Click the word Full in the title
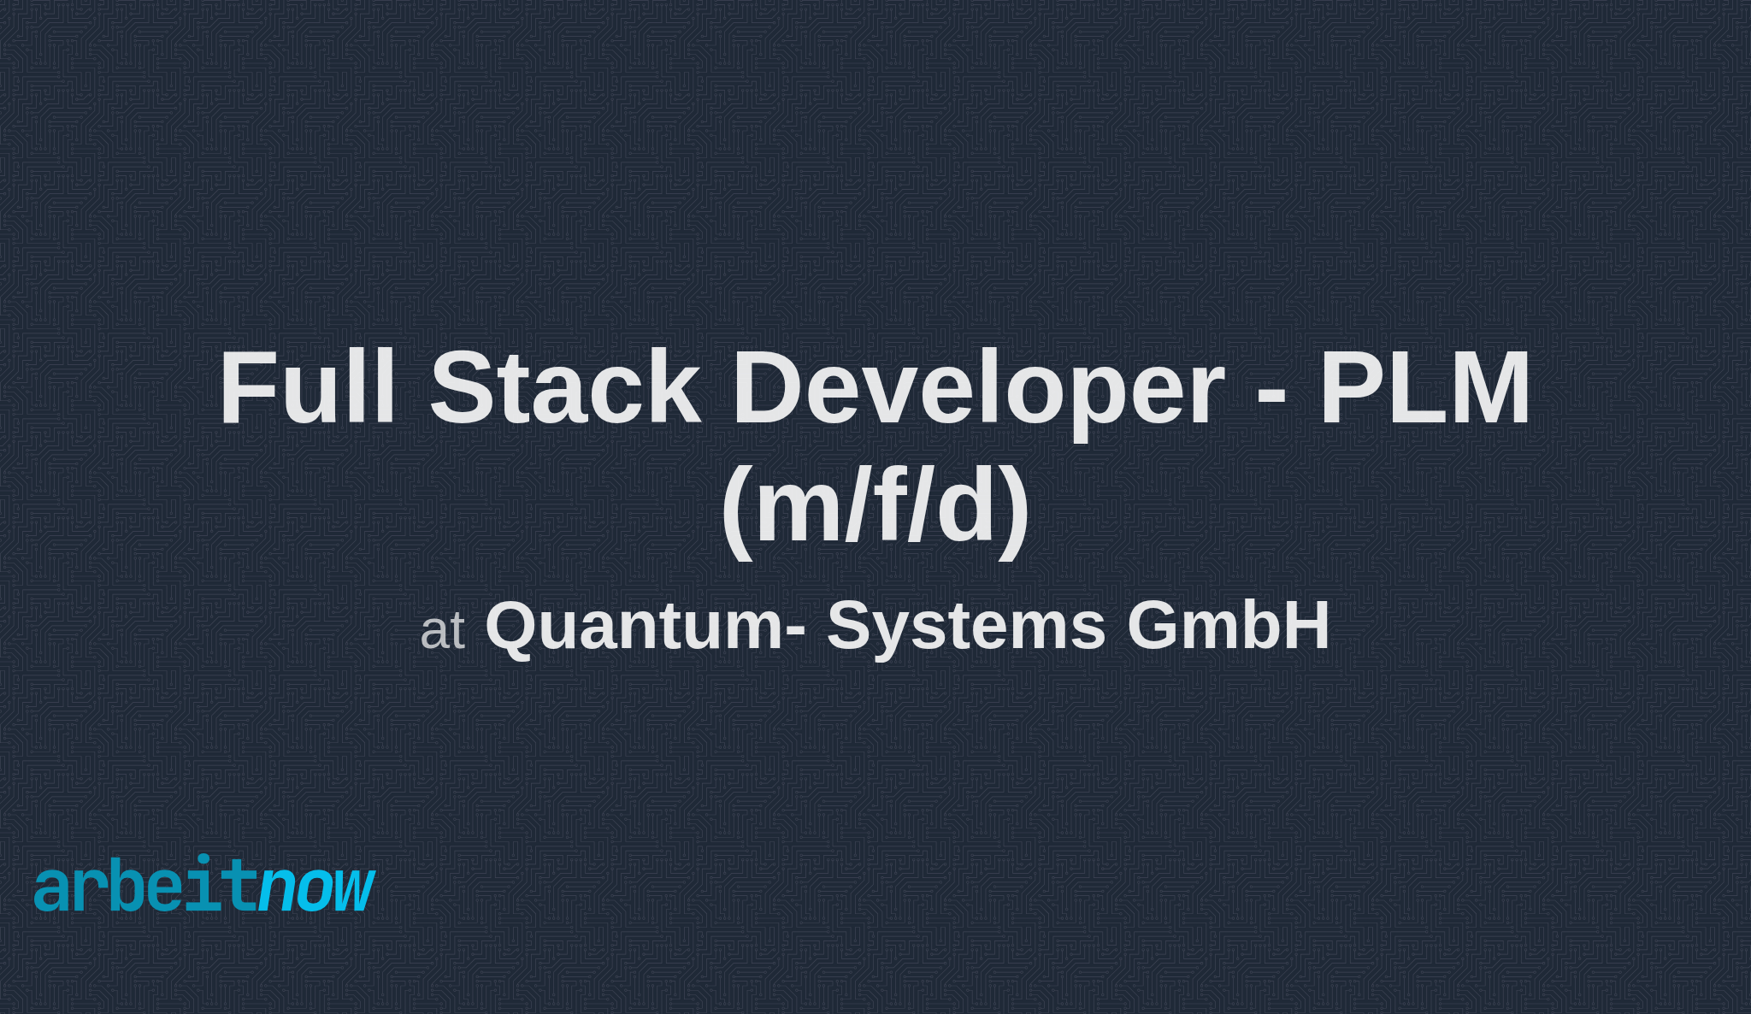pos(308,388)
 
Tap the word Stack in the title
pos(565,388)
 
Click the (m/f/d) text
pos(875,506)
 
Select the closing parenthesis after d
pos(1015,510)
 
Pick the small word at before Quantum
pos(442,632)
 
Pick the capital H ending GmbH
pos(1303,625)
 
